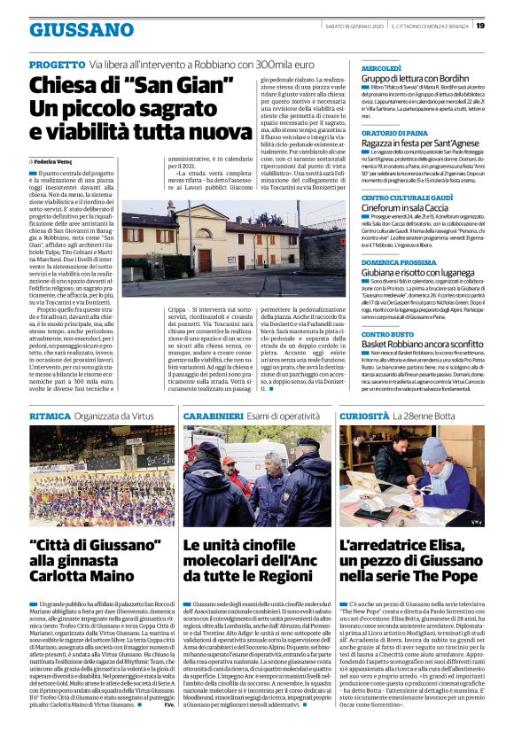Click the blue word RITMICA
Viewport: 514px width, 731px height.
51,414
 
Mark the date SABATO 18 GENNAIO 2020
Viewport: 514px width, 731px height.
352,25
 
